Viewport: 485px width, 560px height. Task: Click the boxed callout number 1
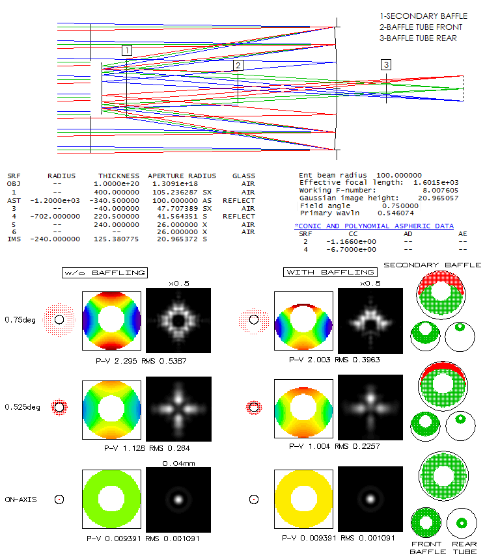pyautogui.click(x=127, y=50)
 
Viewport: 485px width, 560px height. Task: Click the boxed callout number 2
pyautogui.click(x=238, y=65)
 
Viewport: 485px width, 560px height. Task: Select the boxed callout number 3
pyautogui.click(x=386, y=64)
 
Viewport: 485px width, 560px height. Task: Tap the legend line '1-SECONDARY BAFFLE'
pyautogui.click(x=424, y=16)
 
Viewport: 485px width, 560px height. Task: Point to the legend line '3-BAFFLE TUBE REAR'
pyautogui.click(x=418, y=38)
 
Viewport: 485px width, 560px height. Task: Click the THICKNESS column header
pyautogui.click(x=118, y=176)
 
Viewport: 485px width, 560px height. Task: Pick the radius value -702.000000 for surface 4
pyautogui.click(x=55, y=217)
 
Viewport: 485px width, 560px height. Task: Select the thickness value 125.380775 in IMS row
pyautogui.click(x=116, y=239)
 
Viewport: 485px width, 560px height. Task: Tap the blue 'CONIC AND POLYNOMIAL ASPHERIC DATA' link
pyautogui.click(x=374, y=226)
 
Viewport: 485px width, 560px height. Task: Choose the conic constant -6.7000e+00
pyautogui.click(x=351, y=250)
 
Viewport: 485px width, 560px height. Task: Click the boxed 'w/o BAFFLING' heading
pyautogui.click(x=105, y=273)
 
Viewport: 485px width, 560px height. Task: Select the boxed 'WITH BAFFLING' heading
pyautogui.click(x=330, y=272)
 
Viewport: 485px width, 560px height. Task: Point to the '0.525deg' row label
pyautogui.click(x=23, y=407)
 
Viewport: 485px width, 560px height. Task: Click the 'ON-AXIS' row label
pyautogui.click(x=21, y=500)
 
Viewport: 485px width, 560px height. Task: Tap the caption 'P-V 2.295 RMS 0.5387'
pyautogui.click(x=141, y=361)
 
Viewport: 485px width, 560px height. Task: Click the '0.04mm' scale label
pyautogui.click(x=179, y=464)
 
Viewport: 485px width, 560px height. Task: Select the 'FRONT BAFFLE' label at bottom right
pyautogui.click(x=427, y=548)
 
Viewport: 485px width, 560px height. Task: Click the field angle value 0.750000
pyautogui.click(x=400, y=206)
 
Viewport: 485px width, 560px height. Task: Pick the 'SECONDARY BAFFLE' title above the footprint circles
pyautogui.click(x=432, y=265)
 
